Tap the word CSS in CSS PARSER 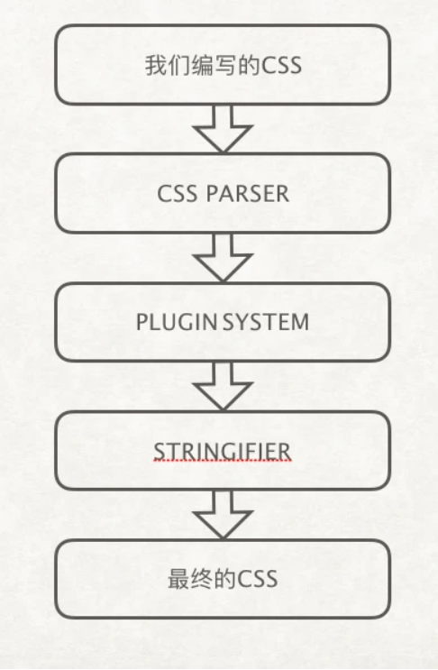pos(176,194)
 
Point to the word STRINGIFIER pos(223,450)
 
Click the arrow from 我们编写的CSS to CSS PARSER pos(223,128)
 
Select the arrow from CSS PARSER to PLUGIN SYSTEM pos(223,257)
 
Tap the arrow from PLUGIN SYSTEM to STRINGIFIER pos(223,386)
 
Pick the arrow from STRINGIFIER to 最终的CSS pos(223,514)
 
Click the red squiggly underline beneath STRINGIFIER pos(223,462)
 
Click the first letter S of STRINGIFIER pos(159,450)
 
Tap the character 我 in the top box pos(154,66)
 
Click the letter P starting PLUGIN pos(141,322)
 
